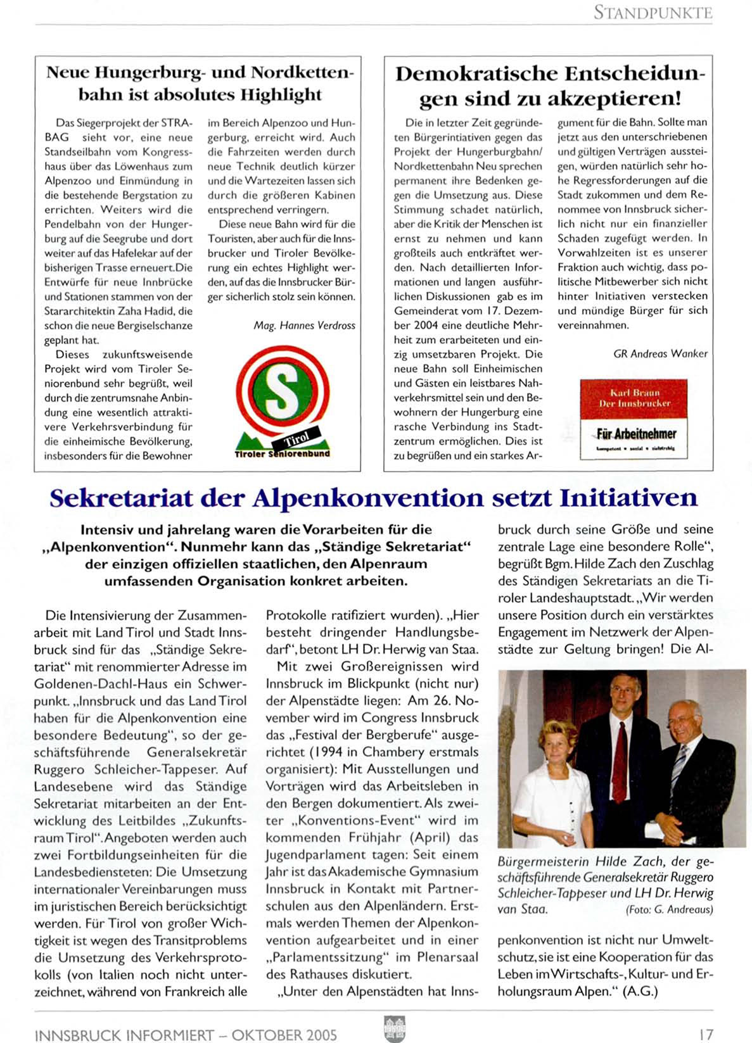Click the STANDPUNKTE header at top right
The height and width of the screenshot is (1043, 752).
[x=653, y=12]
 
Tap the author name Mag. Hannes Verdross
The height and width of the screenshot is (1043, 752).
[x=304, y=326]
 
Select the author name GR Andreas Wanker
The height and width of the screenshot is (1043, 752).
[x=660, y=354]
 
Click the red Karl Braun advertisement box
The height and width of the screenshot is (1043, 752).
[x=634, y=399]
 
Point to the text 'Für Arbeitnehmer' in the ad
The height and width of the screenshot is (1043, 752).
[x=636, y=434]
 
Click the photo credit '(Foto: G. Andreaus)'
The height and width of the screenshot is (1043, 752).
[x=669, y=910]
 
